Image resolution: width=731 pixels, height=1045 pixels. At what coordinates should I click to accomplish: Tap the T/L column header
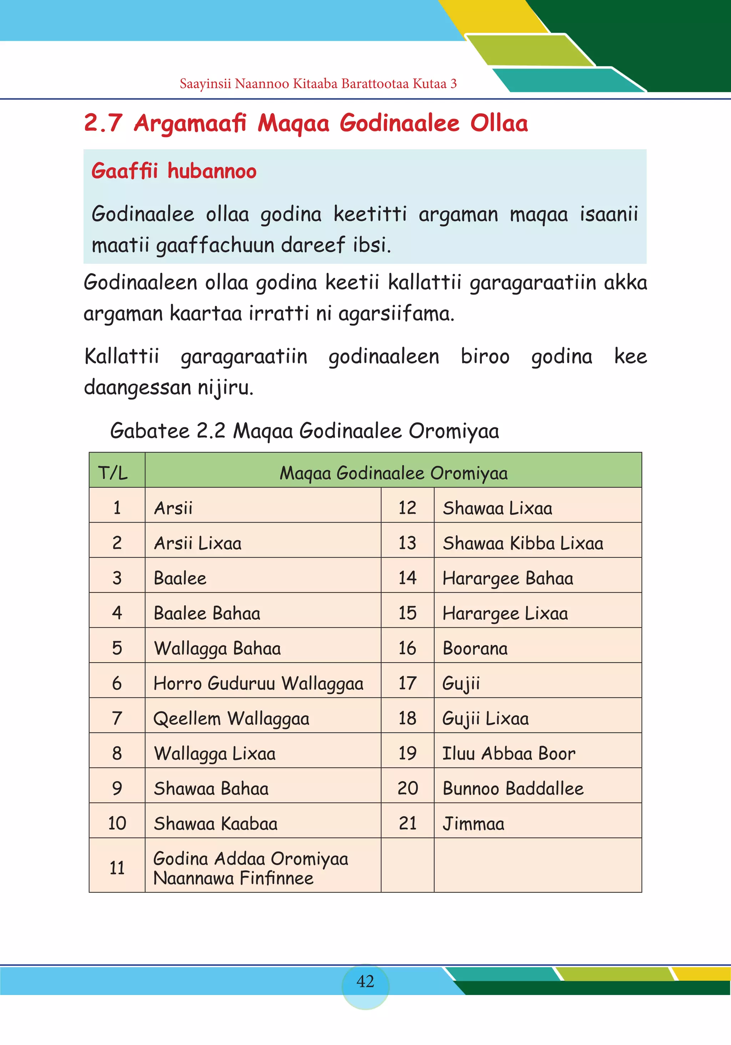click(x=113, y=473)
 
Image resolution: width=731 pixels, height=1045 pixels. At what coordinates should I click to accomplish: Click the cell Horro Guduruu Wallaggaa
click(x=258, y=683)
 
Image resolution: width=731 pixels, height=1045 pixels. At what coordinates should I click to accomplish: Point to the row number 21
click(x=407, y=823)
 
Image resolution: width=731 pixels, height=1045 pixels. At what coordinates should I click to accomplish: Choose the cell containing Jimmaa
click(x=474, y=823)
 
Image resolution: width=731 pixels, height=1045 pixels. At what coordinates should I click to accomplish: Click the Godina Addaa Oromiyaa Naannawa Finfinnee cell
click(x=251, y=867)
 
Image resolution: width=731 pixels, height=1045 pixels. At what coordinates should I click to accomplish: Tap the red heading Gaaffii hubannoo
click(x=174, y=171)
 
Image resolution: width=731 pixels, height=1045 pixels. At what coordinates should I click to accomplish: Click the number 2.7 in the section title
click(x=103, y=123)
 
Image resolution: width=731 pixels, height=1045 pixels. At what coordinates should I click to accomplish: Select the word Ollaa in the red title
click(x=499, y=123)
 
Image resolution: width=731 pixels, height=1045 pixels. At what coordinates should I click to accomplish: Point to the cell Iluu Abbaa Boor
click(x=509, y=753)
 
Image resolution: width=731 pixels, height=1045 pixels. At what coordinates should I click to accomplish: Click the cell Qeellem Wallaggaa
click(x=231, y=718)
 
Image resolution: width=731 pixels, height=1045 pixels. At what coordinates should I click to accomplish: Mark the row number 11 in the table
click(x=117, y=867)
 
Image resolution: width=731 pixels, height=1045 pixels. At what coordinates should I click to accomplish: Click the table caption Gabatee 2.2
click(x=167, y=431)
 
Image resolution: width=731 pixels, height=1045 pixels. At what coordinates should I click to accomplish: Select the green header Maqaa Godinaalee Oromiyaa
click(x=393, y=473)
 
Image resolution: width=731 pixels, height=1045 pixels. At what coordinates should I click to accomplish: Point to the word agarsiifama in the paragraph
click(x=396, y=314)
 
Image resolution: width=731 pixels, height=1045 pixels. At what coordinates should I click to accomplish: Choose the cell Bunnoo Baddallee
click(x=513, y=788)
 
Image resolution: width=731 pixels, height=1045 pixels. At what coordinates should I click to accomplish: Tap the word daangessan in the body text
click(x=138, y=388)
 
